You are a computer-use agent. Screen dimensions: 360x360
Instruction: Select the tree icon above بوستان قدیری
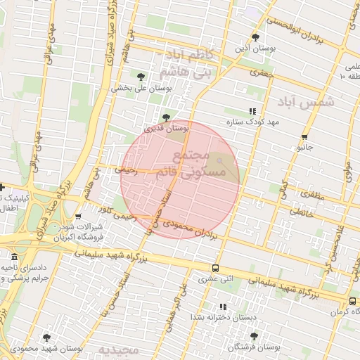(x=166, y=117)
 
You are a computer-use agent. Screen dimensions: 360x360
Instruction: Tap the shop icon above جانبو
(x=304, y=137)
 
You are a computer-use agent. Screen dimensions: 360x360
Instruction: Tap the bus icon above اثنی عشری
(x=215, y=268)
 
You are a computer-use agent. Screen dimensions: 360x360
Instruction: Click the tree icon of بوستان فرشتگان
(x=254, y=336)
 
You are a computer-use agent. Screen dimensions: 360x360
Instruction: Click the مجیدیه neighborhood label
(x=115, y=350)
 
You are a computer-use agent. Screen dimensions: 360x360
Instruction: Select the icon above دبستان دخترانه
(x=224, y=307)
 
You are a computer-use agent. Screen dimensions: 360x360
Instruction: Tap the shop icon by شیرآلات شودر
(x=78, y=217)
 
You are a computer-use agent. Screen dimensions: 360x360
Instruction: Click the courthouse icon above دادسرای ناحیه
(x=14, y=257)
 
